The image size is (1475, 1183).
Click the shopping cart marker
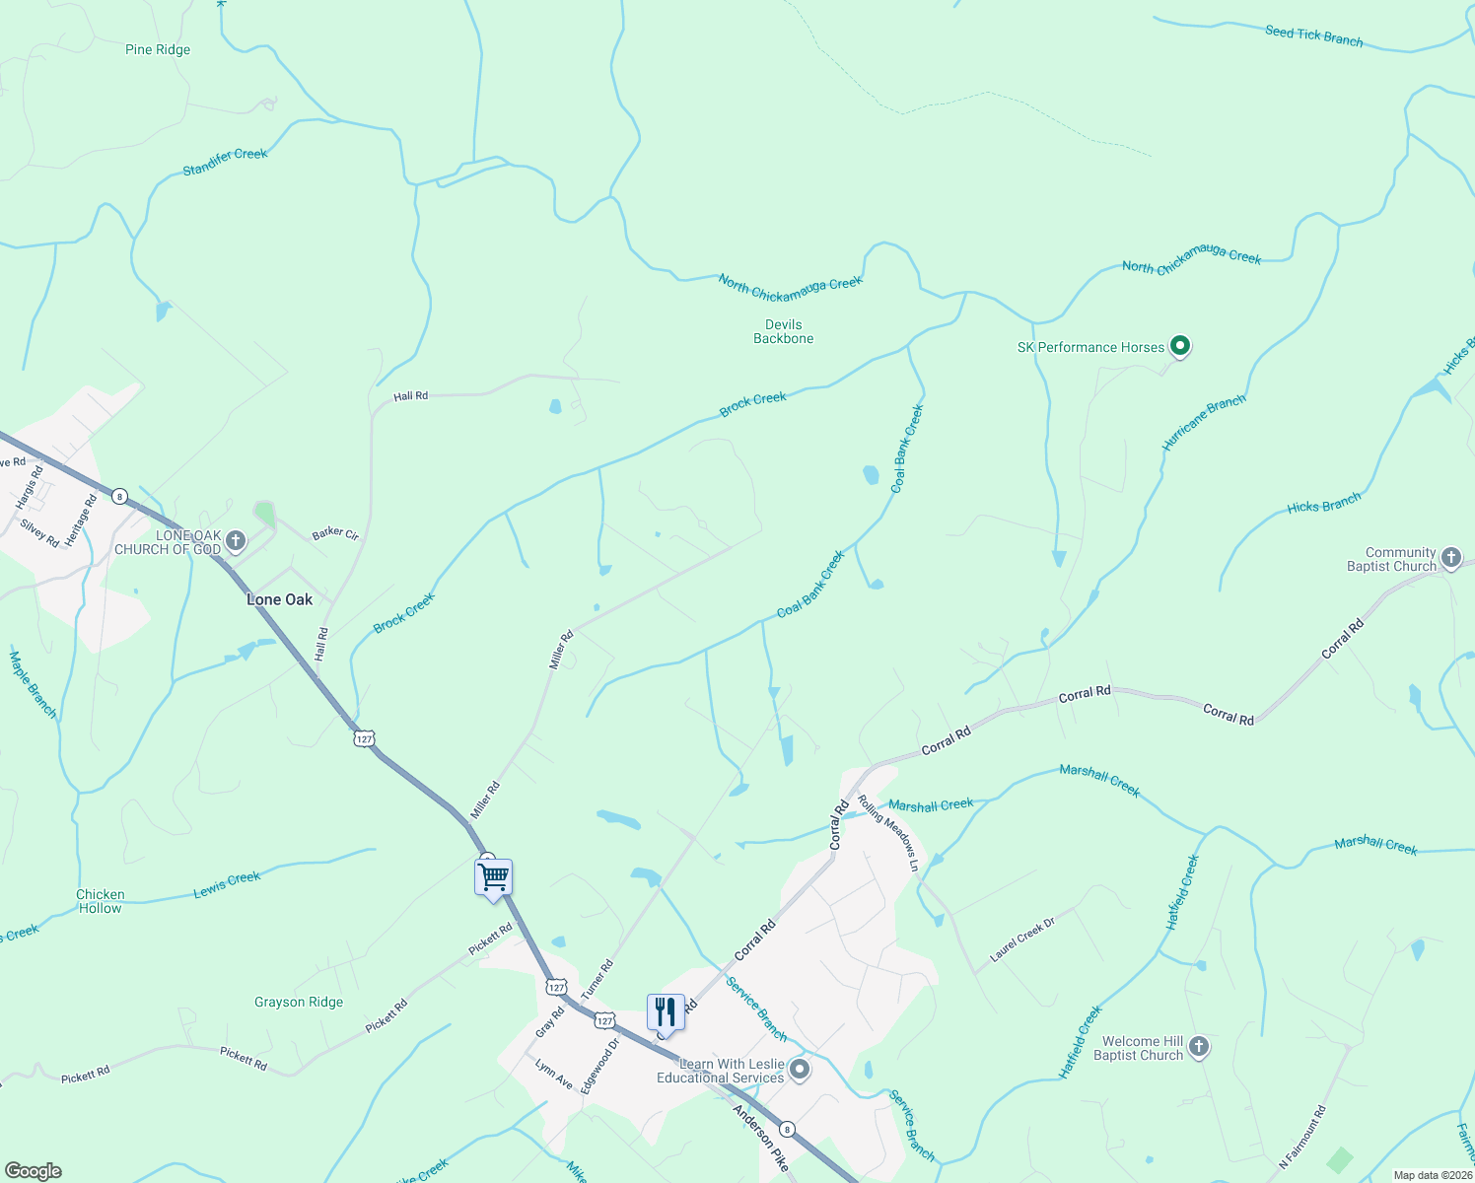tap(493, 876)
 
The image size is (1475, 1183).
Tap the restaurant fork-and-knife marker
tap(666, 1012)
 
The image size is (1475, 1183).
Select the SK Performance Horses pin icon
tap(1180, 346)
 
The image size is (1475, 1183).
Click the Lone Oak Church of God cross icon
tap(235, 540)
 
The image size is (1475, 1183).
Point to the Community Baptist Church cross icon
tap(1450, 558)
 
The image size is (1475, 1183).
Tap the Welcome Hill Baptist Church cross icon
tap(1198, 1047)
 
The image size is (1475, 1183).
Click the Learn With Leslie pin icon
tap(800, 1070)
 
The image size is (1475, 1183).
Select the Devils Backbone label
tap(784, 331)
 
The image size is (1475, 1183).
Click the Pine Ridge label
tap(158, 50)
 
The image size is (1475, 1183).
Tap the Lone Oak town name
tap(279, 599)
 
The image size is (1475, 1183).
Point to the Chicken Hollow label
tap(101, 901)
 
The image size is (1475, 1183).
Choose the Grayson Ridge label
tap(299, 1002)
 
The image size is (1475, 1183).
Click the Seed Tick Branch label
tap(1313, 36)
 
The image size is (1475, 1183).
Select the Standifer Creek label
tap(225, 162)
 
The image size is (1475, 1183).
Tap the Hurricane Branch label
tap(1203, 423)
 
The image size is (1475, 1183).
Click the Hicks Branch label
tap(1323, 504)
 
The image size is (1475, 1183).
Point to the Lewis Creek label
tap(227, 884)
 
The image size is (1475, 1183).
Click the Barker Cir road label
tap(335, 533)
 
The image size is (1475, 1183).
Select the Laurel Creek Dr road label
tap(1022, 939)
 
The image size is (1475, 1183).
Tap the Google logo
tap(34, 1171)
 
